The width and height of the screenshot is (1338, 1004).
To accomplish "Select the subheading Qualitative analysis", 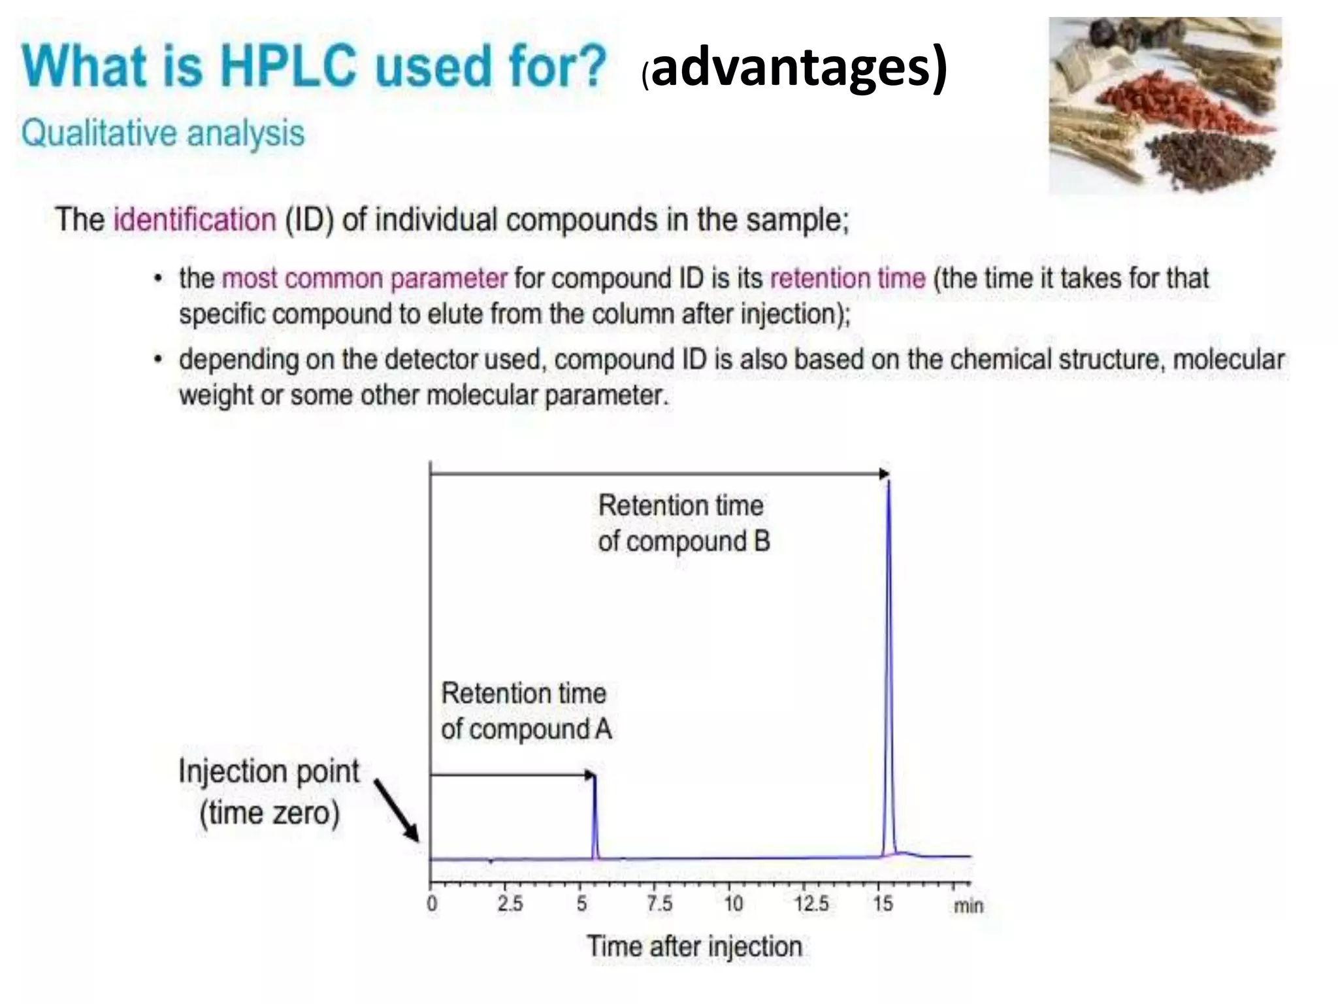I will [163, 133].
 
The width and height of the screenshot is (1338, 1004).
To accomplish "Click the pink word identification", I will [195, 219].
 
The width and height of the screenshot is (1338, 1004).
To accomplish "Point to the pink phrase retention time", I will [847, 278].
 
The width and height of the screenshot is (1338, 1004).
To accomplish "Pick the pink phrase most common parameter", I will [365, 278].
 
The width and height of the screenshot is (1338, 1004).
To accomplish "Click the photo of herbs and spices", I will [1164, 105].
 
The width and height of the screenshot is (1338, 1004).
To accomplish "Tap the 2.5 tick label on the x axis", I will [510, 903].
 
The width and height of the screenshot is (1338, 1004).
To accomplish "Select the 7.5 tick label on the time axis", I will [659, 903].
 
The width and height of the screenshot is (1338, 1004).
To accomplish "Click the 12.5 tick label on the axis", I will [811, 903].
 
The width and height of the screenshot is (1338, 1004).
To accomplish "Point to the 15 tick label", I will [883, 903].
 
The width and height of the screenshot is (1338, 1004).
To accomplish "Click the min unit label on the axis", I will [968, 905].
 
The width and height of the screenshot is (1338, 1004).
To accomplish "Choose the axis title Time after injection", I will [694, 946].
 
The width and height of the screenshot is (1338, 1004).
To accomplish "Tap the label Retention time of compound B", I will [683, 523].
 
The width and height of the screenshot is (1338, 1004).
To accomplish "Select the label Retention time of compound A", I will [526, 711].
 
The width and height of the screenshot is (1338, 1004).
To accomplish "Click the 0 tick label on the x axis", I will [432, 903].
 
